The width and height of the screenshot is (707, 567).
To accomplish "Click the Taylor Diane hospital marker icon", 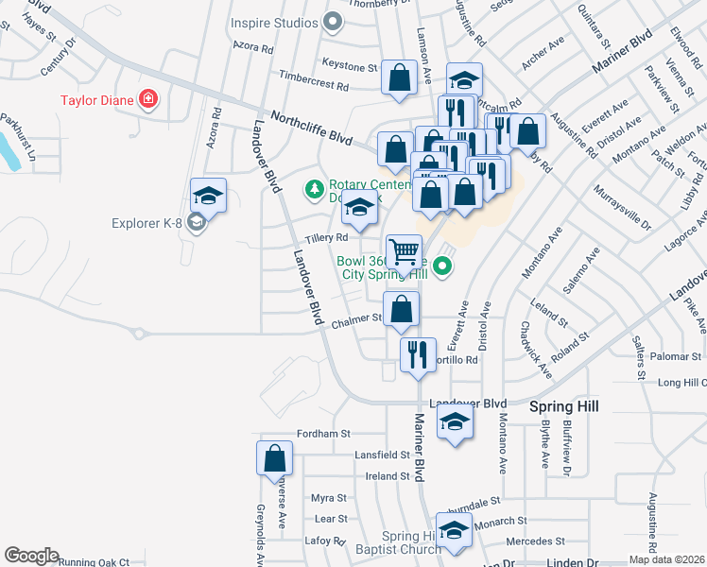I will click(x=147, y=99).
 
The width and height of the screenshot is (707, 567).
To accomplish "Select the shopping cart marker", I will click(x=405, y=252).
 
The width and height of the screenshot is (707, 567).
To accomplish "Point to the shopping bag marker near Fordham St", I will click(x=274, y=459).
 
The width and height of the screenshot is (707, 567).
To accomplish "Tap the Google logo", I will click(x=31, y=556).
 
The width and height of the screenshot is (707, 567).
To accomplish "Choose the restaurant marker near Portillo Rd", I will click(x=418, y=355).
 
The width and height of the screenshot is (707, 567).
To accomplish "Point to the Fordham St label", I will click(x=323, y=434).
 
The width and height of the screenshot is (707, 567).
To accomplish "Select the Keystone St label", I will click(x=350, y=66).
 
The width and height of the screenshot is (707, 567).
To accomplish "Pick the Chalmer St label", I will click(x=355, y=321).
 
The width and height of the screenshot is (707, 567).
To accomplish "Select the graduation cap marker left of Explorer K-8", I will click(x=208, y=197).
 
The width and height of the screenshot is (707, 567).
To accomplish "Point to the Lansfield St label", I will click(x=382, y=455).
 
